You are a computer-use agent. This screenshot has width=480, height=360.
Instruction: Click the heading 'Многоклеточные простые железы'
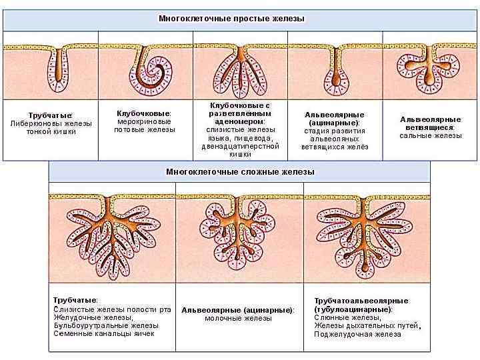point(231,19)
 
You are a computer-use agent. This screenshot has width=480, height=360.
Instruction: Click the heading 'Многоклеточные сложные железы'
point(240,172)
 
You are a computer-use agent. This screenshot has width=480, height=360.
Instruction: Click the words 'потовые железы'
point(145,129)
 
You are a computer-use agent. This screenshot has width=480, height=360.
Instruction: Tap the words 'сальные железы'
point(430,135)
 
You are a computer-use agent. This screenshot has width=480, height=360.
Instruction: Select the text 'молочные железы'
point(238,319)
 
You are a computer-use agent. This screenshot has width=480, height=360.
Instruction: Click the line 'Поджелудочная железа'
point(357,335)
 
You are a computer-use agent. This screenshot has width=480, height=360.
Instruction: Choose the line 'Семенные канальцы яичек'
point(103,333)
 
